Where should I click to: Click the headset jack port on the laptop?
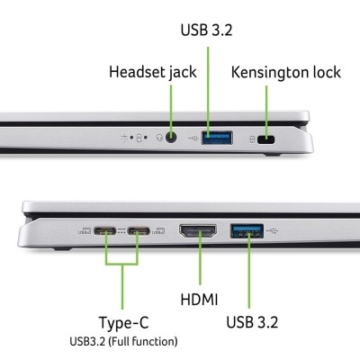point(170,139)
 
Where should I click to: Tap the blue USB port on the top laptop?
point(217,139)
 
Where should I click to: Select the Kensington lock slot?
point(265,140)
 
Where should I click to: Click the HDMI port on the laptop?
point(196,231)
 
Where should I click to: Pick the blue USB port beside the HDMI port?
point(247,229)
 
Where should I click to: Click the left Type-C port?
point(106,231)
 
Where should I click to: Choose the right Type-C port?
point(139,231)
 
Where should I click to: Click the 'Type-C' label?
point(123,322)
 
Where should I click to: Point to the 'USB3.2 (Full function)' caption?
point(123,341)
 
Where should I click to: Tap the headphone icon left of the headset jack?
point(157,139)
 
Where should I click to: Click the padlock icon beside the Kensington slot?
point(249,140)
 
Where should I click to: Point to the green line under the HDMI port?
point(197,265)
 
